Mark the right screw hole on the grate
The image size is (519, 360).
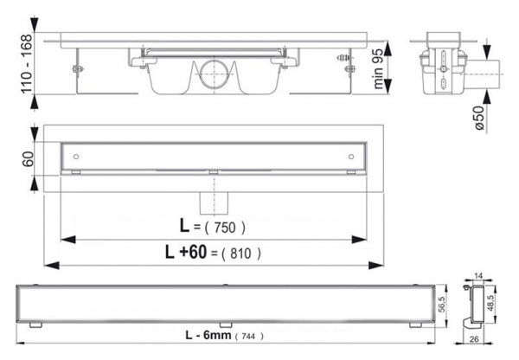tap(351, 156)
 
